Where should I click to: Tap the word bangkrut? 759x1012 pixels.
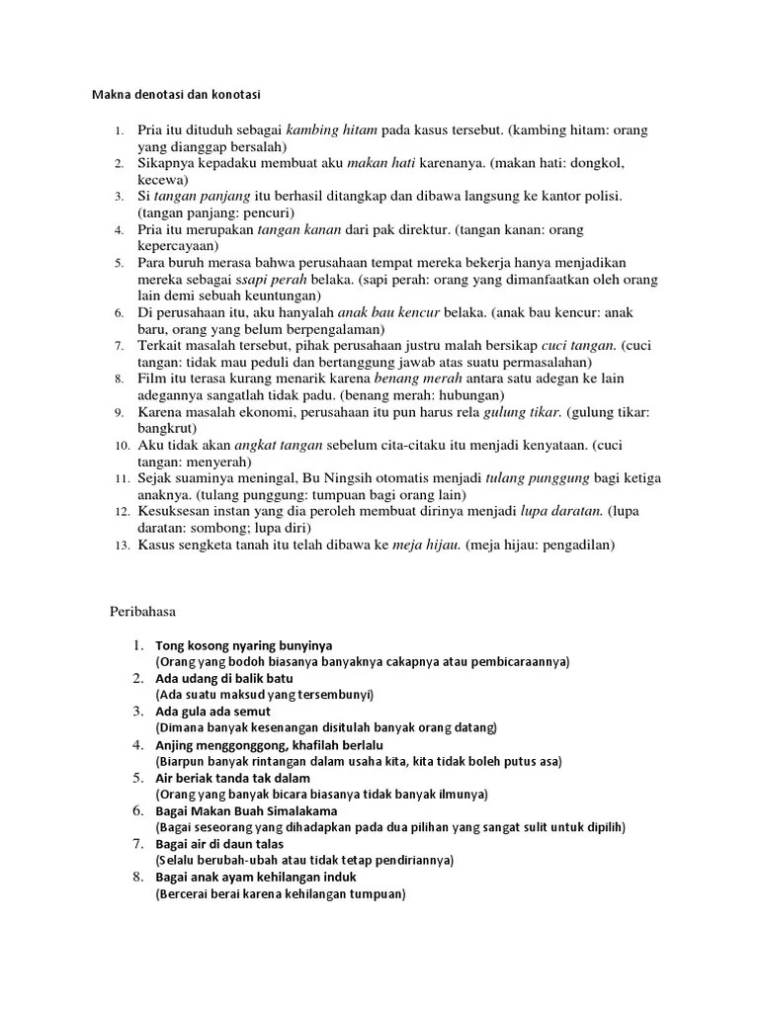point(167,428)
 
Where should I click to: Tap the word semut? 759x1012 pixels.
point(252,712)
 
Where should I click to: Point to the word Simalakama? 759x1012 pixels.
point(296,810)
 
